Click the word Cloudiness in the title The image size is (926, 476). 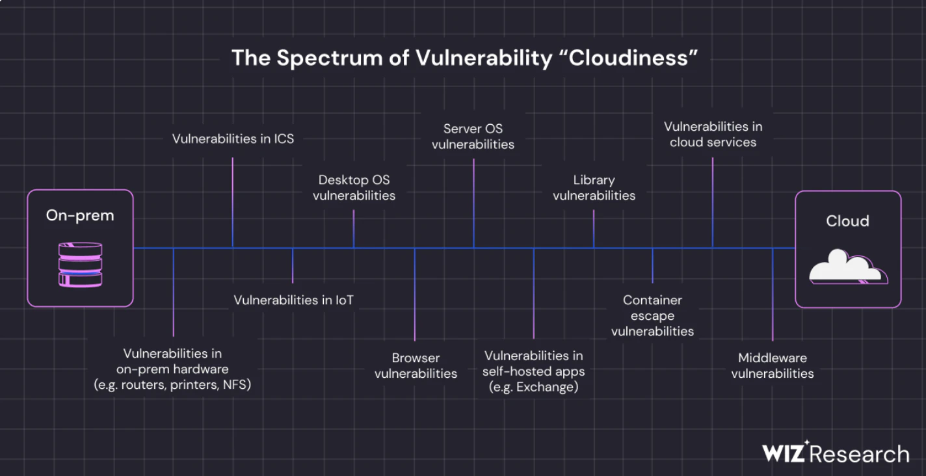tap(628, 58)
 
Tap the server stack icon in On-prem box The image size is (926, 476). tap(80, 264)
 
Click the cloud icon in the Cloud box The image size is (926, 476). tap(848, 269)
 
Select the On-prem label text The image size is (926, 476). tap(80, 216)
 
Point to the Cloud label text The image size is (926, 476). tap(847, 221)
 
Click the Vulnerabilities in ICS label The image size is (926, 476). tap(233, 139)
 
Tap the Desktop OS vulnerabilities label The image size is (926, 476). tap(354, 187)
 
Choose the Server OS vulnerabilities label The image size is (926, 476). tap(473, 137)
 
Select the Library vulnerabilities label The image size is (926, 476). tap(594, 187)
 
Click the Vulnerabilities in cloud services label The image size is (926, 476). tap(713, 134)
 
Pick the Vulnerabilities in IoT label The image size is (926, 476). tap(293, 300)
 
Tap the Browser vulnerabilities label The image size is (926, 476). tap(416, 365)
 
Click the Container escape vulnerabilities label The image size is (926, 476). tap(652, 315)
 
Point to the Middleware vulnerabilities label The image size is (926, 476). tap(773, 365)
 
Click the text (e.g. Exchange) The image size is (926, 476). tap(533, 388)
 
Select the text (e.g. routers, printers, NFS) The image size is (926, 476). tap(172, 385)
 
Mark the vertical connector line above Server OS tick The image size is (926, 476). tap(473, 202)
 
